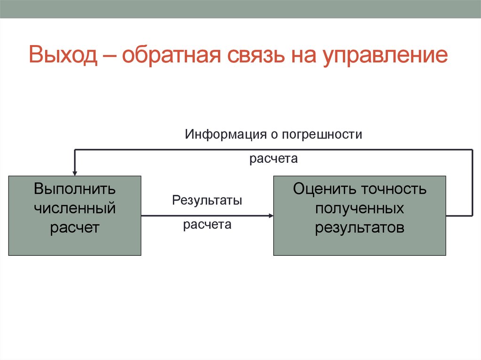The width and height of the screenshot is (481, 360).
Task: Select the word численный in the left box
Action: tap(74, 208)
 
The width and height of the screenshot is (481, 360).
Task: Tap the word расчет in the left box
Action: tap(74, 228)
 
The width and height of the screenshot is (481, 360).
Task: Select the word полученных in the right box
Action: tap(359, 208)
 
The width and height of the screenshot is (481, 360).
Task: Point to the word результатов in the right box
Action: tap(359, 228)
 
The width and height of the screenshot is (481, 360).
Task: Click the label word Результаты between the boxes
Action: tap(207, 201)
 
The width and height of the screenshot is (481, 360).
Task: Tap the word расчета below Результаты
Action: tap(207, 225)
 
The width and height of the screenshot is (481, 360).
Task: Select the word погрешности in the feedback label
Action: tap(322, 135)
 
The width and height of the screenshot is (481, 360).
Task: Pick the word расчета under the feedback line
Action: tap(274, 159)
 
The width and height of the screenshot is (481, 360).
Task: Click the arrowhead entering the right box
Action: tap(271, 216)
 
